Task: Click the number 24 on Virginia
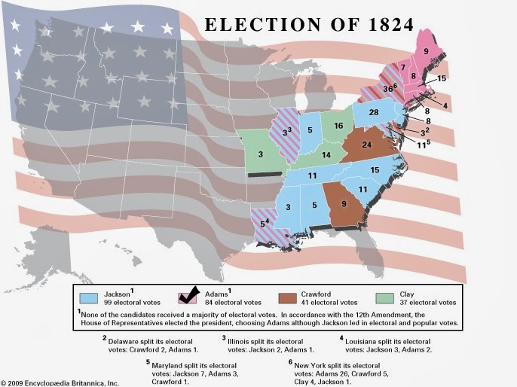367,144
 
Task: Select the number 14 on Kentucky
326,155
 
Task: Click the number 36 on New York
388,88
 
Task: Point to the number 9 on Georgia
344,202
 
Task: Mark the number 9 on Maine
426,51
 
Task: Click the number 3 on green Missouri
261,155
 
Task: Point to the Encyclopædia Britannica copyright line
60,382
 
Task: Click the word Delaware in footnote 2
127,340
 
